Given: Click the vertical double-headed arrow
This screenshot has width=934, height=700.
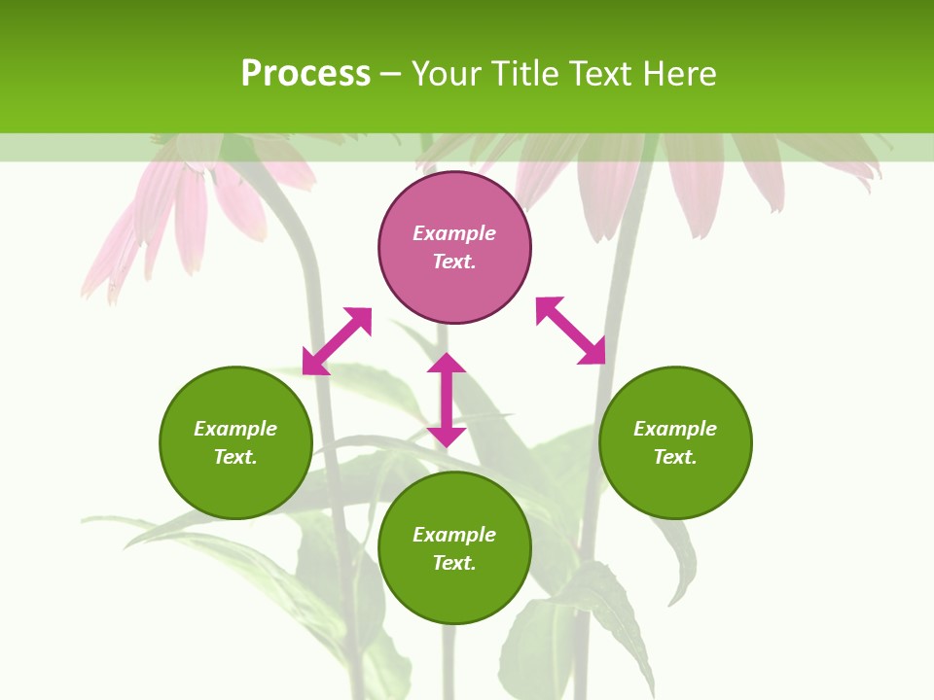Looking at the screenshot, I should [447, 400].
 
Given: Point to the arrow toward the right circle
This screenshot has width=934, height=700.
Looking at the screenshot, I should [571, 331].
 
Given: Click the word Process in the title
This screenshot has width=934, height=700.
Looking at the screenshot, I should [305, 74].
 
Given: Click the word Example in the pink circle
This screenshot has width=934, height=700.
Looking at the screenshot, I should [454, 233].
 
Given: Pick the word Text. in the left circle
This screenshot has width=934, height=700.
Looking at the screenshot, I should [235, 457].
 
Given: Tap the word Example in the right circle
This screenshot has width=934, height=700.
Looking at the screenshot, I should [675, 429].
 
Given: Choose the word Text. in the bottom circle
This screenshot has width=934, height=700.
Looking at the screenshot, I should [454, 563].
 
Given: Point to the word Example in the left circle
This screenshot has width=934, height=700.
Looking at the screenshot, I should [235, 429].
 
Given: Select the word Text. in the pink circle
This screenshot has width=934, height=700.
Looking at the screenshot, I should [454, 262].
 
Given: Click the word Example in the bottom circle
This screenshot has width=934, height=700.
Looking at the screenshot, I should [454, 535].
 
